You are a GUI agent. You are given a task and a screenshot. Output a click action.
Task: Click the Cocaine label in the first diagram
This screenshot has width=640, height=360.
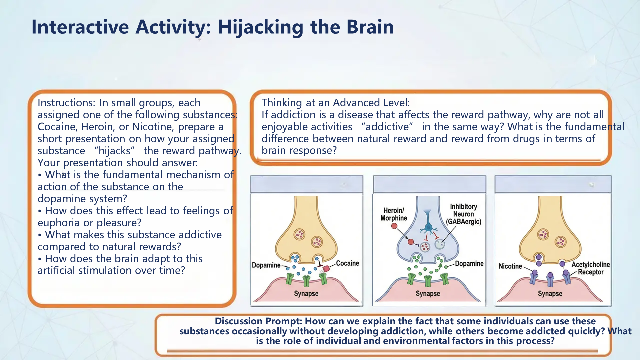tap(347, 263)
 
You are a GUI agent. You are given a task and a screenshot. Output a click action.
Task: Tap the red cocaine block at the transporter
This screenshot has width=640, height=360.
tap(326, 268)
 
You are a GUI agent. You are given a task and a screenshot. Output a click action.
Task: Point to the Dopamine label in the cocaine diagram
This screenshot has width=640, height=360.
tap(266, 265)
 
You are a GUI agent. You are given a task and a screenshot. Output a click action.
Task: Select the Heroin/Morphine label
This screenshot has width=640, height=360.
tap(394, 214)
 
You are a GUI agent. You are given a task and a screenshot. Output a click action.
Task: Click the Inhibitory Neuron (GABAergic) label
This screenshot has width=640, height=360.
tap(463, 214)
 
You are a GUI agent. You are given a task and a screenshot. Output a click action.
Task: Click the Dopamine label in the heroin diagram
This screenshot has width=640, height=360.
tap(469, 264)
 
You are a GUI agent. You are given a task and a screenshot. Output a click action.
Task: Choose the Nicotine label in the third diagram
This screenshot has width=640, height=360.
tap(510, 266)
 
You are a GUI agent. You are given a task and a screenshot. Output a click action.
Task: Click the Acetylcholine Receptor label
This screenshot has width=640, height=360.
tap(590, 268)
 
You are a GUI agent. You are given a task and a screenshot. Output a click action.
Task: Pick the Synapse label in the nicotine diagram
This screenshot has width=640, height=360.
tap(550, 294)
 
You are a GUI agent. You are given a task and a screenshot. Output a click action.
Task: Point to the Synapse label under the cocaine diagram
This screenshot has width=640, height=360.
tap(306, 294)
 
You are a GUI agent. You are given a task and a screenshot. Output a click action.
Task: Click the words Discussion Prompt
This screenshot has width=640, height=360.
tap(258, 321)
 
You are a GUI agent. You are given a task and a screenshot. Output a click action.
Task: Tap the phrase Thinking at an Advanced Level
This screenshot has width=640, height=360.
tap(335, 103)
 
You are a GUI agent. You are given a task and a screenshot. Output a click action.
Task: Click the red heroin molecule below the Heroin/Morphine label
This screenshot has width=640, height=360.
tap(394, 226)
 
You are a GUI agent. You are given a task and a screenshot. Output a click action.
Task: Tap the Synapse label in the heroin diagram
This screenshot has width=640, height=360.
tap(428, 294)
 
